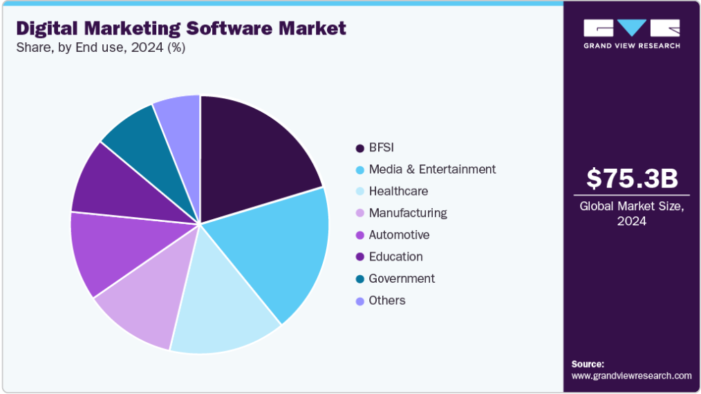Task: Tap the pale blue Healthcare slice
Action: [x=221, y=304]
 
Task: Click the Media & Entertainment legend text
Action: [x=432, y=169]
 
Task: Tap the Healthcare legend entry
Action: [x=398, y=191]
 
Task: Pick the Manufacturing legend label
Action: [x=408, y=213]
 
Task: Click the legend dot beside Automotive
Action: [x=359, y=236]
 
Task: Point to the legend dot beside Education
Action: [x=359, y=257]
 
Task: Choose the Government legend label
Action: [x=402, y=279]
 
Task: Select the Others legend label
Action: [x=387, y=301]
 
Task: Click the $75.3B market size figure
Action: [x=632, y=178]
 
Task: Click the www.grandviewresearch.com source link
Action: [x=631, y=375]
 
